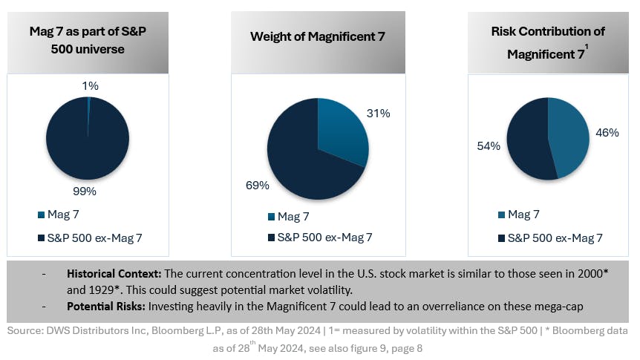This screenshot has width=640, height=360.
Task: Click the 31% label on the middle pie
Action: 378,114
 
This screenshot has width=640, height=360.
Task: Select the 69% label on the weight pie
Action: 257,185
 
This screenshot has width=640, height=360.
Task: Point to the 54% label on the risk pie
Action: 489,146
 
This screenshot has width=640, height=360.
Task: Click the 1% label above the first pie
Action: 91,85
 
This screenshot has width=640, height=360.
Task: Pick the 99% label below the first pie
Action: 85,191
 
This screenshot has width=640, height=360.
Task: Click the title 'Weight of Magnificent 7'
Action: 317,36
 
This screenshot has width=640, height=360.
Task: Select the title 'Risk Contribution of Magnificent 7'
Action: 547,42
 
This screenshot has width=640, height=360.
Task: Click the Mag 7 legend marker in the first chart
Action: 41,215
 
